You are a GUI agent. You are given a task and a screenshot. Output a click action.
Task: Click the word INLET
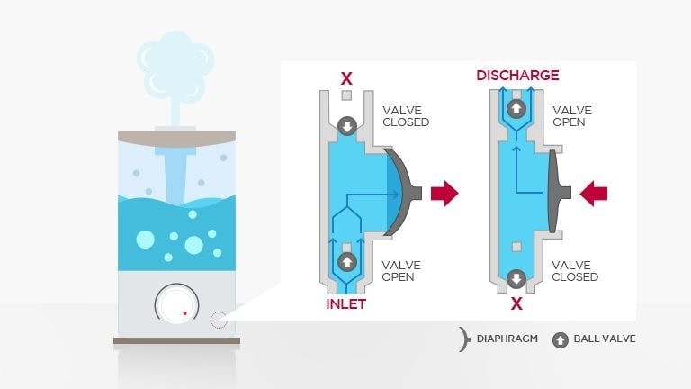(345, 303)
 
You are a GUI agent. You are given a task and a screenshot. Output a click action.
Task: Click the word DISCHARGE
(517, 75)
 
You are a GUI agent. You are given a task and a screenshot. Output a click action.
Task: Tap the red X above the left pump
(345, 78)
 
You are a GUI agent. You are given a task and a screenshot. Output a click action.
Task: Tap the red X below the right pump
(516, 303)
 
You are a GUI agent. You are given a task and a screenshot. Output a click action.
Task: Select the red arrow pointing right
(444, 192)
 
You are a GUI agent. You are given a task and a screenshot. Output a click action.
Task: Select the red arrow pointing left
(594, 192)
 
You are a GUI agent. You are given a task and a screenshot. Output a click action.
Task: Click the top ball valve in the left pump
(345, 126)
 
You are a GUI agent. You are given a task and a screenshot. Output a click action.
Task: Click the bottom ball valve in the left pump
(345, 262)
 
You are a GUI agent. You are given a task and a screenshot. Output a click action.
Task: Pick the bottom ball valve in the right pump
(516, 277)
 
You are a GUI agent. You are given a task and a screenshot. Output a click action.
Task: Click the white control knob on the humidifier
(175, 306)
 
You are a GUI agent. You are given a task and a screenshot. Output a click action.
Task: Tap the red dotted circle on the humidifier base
(218, 319)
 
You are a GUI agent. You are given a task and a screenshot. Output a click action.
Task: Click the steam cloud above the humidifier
(176, 63)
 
